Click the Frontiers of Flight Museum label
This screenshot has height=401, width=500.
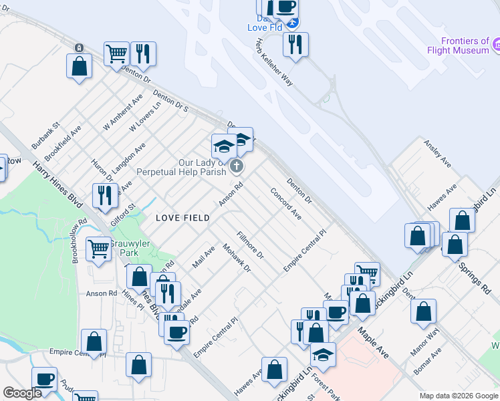tap(458, 45)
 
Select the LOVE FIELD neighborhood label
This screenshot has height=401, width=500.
tap(182, 218)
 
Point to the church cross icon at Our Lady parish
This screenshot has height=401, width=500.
tap(236, 166)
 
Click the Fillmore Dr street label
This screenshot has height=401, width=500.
tap(251, 246)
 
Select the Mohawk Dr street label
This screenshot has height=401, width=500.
tap(236, 261)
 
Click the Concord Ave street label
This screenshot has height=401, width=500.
tap(285, 203)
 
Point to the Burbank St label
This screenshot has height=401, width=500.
tap(46, 135)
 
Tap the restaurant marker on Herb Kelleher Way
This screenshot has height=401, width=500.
tap(295, 45)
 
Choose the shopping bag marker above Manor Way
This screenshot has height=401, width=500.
tap(423, 311)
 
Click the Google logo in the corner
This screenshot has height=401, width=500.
tap(23, 393)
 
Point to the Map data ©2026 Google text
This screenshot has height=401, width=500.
tap(458, 396)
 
